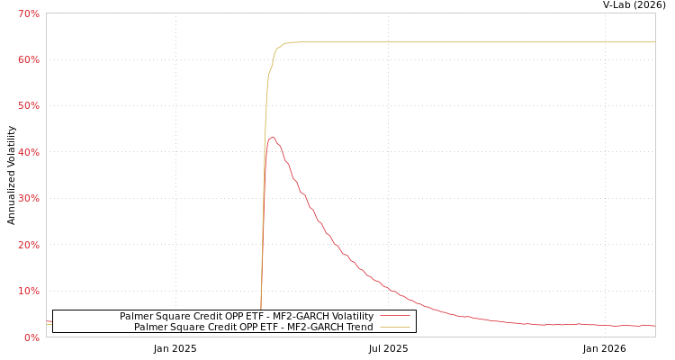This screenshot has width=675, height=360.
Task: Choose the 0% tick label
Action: click(31, 337)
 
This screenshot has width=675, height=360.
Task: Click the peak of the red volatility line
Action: click(272, 137)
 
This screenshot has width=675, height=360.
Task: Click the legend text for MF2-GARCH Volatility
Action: click(246, 317)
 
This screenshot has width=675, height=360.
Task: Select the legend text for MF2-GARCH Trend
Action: click(253, 328)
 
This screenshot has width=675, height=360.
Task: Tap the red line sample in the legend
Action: click(394, 317)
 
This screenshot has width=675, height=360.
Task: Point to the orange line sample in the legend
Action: click(394, 328)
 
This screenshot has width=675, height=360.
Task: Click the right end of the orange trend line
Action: click(654, 41)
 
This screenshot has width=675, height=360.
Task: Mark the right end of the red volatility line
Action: click(654, 326)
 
